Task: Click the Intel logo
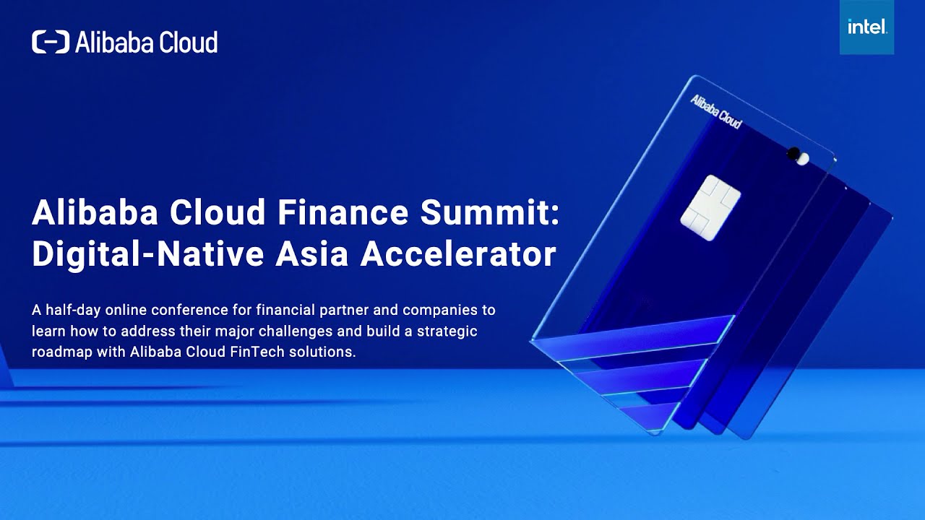click(x=866, y=27)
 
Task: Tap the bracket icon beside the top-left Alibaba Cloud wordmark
click(x=51, y=42)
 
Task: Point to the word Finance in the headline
click(x=358, y=214)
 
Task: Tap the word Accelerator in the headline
click(x=458, y=254)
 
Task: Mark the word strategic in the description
click(x=448, y=331)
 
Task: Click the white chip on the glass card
click(x=710, y=207)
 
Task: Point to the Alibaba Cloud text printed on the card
click(x=715, y=110)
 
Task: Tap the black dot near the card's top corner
click(x=793, y=153)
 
